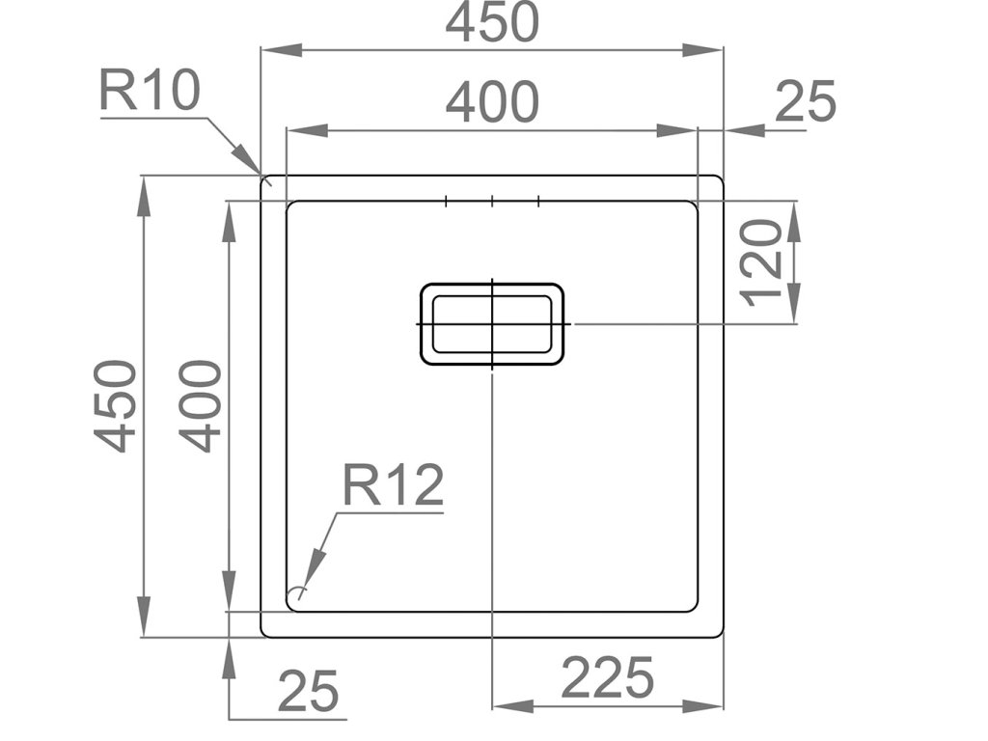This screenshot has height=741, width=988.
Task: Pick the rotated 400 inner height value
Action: [202, 405]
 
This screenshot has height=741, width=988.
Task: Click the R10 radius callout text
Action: [150, 92]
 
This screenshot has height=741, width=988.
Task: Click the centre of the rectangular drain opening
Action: [492, 324]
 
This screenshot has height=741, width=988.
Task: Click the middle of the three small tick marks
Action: [492, 202]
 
